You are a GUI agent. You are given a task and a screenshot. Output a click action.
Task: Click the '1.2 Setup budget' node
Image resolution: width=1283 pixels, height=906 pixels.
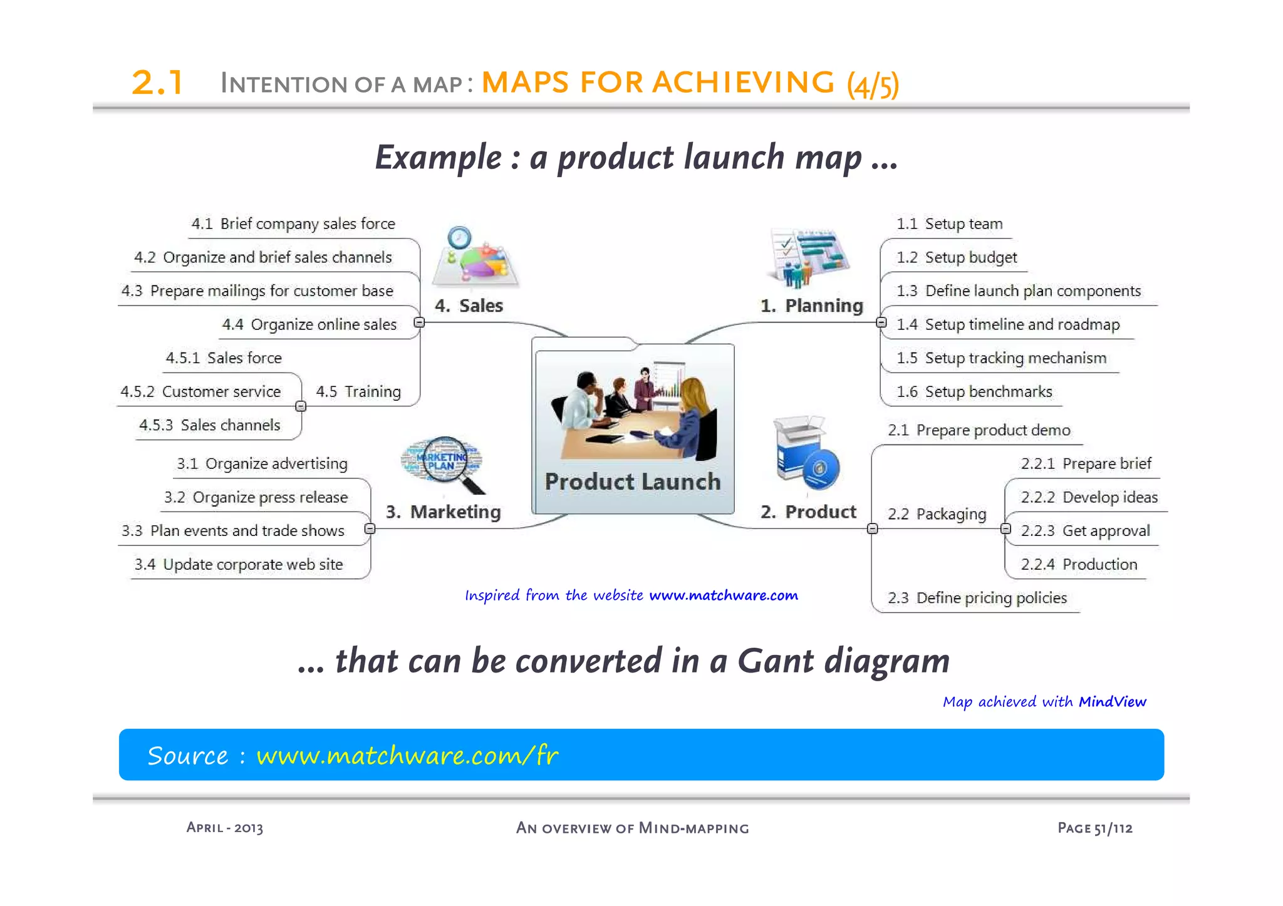pos(956,257)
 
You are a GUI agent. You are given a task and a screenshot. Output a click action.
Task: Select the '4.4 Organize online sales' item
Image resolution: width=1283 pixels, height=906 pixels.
pos(309,324)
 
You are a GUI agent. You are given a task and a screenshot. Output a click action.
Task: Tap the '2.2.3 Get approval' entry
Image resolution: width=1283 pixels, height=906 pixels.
pos(1085,531)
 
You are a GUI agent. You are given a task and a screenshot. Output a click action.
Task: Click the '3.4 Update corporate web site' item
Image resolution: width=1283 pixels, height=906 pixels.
pos(239,565)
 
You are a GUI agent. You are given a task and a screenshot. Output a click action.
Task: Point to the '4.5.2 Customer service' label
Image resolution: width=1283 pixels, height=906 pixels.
pos(200,392)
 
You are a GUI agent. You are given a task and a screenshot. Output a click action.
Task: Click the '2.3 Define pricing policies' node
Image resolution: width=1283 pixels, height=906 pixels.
pos(977,598)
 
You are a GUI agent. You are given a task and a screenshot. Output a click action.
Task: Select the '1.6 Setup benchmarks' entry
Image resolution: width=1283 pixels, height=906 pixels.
pos(974,392)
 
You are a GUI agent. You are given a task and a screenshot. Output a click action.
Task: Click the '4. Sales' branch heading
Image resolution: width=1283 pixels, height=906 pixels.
pos(469,306)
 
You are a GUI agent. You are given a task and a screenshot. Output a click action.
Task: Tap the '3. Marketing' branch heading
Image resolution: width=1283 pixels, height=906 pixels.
pos(443,512)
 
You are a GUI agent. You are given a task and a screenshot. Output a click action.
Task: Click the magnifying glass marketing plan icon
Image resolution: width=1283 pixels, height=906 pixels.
pos(444,463)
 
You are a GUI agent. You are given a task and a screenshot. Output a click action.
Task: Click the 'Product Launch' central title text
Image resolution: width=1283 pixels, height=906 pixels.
pos(633,481)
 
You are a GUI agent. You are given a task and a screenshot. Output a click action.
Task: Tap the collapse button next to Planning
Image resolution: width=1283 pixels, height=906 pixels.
pos(881,322)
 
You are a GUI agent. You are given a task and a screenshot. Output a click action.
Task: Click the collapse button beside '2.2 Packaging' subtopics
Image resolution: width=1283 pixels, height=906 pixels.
pos(1005,529)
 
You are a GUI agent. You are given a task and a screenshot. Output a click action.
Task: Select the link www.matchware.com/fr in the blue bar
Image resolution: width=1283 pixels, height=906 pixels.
pos(407,755)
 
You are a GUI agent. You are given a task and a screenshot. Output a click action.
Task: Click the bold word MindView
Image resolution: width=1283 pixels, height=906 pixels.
pos(1112,702)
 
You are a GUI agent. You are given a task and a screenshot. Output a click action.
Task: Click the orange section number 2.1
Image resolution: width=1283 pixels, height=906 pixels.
pos(157,83)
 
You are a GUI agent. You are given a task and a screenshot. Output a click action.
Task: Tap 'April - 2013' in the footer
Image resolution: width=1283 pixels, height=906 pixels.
pos(224,828)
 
